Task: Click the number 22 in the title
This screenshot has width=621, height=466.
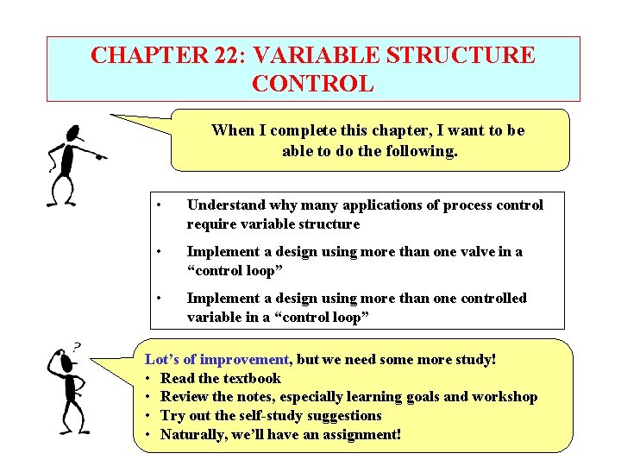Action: pos(221,56)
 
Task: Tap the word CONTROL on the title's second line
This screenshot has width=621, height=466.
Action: pos(313,84)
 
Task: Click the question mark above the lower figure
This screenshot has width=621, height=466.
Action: pos(78,346)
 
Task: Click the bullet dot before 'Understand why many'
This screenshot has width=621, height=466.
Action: pos(160,205)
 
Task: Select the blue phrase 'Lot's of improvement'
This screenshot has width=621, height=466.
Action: pos(217,359)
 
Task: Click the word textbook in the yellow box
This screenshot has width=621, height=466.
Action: pos(252,378)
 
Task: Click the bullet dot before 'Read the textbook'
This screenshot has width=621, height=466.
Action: pos(149,378)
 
